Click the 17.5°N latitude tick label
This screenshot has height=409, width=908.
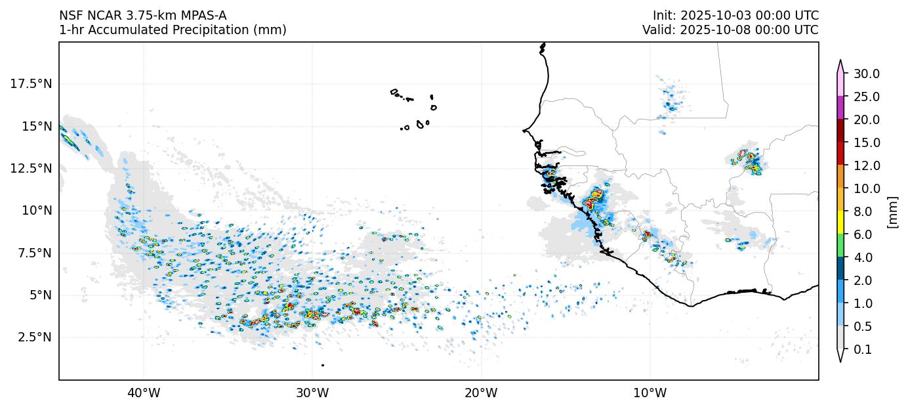[x=31, y=84]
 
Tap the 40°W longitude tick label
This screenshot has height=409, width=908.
[x=143, y=393]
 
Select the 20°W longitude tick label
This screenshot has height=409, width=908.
[x=481, y=393]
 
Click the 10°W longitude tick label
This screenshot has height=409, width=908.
[x=650, y=393]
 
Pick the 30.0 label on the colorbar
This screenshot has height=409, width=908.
[x=866, y=74]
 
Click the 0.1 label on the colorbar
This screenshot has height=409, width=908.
[x=863, y=350]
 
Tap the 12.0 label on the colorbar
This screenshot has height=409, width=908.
[x=866, y=165]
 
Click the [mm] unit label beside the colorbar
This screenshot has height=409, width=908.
[x=892, y=211]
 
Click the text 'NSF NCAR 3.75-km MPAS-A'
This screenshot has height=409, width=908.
[x=143, y=16]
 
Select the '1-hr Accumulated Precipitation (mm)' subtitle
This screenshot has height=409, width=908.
[x=173, y=30]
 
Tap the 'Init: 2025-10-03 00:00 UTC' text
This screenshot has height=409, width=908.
[x=735, y=16]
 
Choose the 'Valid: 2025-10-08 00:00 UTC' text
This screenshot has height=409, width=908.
[x=730, y=30]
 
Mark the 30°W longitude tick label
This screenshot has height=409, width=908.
[x=312, y=393]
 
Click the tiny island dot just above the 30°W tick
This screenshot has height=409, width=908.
[x=322, y=365]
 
